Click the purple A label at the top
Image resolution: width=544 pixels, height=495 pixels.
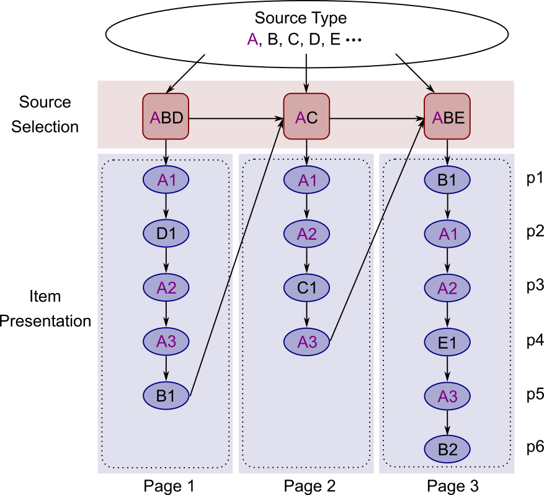252,40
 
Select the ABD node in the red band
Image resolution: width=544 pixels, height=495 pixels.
167,118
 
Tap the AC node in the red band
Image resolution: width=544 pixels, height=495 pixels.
306,118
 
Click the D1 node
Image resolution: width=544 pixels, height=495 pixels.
166,234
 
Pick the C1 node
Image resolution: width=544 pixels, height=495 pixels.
307,288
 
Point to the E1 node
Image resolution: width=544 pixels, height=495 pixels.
447,343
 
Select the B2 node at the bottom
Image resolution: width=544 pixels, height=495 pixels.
448,450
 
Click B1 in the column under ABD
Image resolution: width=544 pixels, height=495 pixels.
166,396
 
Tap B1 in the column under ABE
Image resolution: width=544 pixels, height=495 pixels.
447,180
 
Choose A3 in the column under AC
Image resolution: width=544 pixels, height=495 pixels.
307,342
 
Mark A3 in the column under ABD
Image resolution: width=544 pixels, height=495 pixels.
166,341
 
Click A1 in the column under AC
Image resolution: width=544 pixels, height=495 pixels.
307,180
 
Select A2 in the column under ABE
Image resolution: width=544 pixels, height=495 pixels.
447,288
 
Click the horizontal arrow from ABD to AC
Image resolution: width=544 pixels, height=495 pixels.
236,118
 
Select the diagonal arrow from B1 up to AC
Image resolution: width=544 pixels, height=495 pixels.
236,257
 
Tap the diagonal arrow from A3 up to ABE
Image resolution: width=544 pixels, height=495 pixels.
377,229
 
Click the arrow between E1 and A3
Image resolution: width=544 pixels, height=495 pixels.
447,369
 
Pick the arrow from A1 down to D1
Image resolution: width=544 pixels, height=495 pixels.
166,207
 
